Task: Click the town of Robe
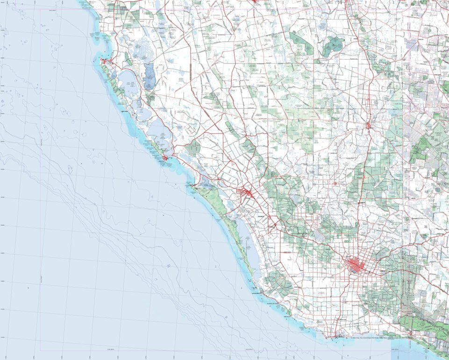105,61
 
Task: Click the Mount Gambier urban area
357,266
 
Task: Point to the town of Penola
369,125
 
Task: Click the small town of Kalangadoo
335,183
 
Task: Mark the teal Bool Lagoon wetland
333,46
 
